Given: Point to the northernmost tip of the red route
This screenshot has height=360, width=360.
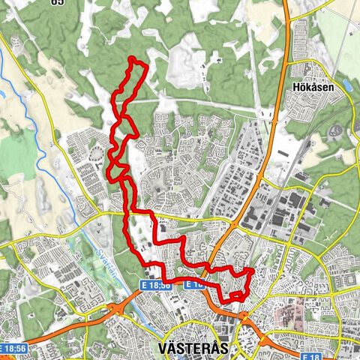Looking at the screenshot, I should (132, 58).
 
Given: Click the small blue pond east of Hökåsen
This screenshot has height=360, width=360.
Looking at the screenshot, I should (346, 85).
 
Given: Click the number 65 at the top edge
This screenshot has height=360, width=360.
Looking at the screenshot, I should (56, 2).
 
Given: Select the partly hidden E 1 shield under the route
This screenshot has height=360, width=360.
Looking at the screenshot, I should (193, 285).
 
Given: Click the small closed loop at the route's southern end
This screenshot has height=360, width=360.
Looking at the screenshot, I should (236, 297).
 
